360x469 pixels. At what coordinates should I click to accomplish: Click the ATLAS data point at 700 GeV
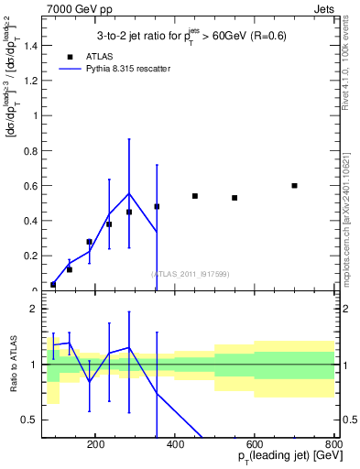coord(294,186)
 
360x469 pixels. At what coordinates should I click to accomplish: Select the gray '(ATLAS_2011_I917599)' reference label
coord(191,274)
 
